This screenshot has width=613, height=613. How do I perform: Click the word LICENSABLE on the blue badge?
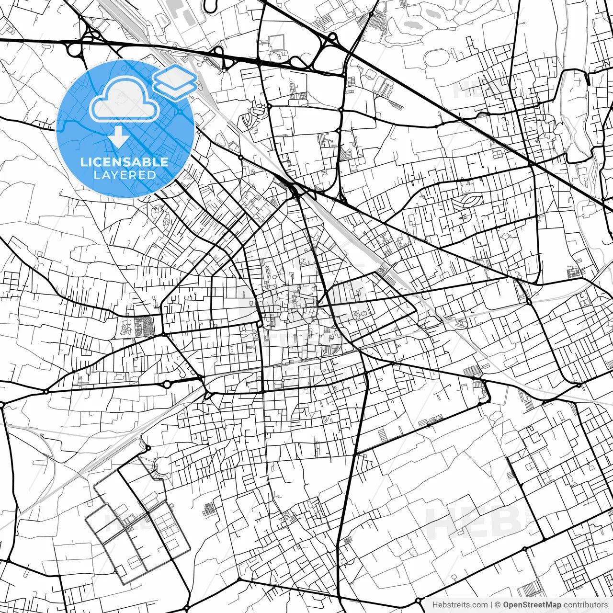tap(125, 162)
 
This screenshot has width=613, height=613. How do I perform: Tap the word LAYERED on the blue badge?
tap(125, 175)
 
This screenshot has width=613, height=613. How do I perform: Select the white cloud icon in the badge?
tap(125, 100)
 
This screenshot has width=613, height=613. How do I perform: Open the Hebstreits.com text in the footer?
tap(460, 605)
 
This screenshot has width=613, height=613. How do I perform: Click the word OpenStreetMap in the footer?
tap(532, 605)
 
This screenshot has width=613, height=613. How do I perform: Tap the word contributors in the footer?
tap(585, 605)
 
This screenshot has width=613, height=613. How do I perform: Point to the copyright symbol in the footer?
tap(498, 605)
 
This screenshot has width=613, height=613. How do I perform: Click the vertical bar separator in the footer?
tap(491, 605)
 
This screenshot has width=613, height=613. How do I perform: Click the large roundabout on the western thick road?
tap(167, 384)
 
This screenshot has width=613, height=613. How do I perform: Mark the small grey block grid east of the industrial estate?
tap(209, 510)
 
